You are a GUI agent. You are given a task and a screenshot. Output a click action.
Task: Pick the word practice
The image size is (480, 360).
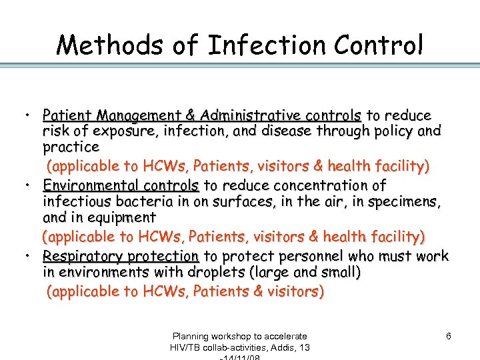71,147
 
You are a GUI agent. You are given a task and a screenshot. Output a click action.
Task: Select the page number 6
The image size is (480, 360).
449,337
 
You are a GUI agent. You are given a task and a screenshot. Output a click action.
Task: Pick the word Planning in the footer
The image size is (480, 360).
192,337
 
